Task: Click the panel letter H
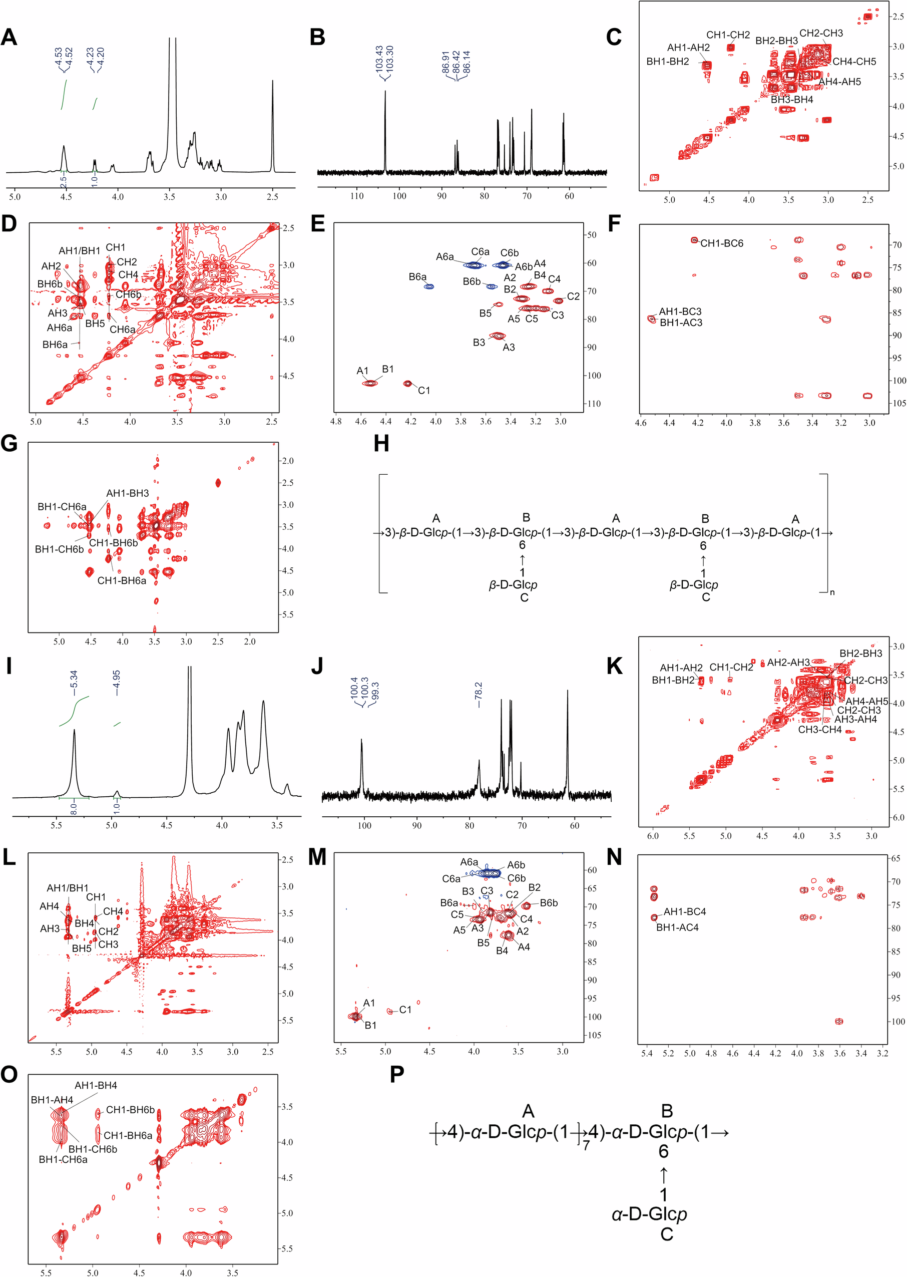(381, 444)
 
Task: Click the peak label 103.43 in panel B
(380, 58)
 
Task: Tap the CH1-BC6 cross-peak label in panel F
(722, 243)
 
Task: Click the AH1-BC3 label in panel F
(680, 311)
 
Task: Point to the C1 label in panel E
(424, 391)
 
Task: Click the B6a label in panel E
(417, 277)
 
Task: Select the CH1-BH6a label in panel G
(122, 581)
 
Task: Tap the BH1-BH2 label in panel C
(667, 62)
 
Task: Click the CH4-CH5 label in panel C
(854, 62)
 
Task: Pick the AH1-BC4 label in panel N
(684, 911)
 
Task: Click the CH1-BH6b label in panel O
(130, 1110)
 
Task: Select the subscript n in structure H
(831, 592)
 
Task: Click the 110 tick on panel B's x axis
(357, 196)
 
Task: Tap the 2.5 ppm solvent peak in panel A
(272, 123)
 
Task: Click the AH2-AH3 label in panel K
(788, 663)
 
